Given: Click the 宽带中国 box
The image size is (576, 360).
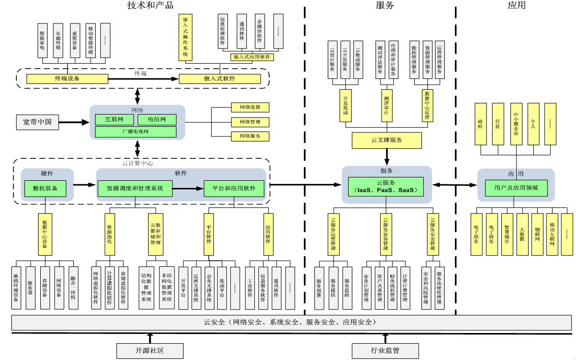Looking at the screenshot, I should [x=37, y=122].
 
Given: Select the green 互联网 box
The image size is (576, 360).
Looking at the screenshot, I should [x=114, y=120].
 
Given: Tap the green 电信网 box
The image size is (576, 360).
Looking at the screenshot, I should [x=157, y=120].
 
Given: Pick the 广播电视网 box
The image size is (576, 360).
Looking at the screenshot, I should [x=135, y=132].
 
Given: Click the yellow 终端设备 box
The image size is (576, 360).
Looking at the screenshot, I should [x=67, y=78].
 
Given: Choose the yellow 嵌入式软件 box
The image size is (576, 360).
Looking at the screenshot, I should [x=219, y=78].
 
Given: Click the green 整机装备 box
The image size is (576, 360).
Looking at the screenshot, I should [x=45, y=188].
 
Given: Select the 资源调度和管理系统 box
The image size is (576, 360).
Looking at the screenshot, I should [x=135, y=188].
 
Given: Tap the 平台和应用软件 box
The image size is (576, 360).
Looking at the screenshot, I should [x=234, y=188].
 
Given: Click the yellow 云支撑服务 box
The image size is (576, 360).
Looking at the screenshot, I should [x=387, y=140].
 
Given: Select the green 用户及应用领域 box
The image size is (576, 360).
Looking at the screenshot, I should [x=516, y=188].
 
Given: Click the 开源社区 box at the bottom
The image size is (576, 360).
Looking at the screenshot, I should [x=150, y=350].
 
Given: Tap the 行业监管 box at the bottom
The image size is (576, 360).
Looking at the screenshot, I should [x=385, y=350].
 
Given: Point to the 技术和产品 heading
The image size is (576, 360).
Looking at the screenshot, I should [x=150, y=6].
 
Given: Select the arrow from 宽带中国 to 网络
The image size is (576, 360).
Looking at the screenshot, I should [x=74, y=122].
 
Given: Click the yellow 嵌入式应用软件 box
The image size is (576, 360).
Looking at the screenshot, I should [x=252, y=57].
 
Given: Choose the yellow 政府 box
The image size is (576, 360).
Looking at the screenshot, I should [x=480, y=123].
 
